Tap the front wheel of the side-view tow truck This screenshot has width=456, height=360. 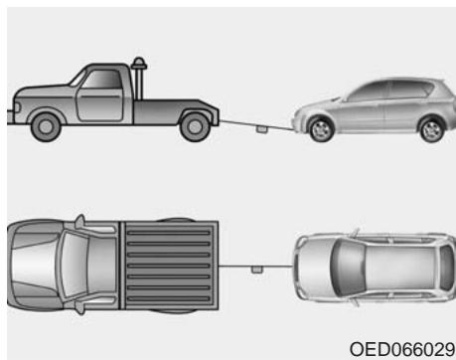[x=44, y=126]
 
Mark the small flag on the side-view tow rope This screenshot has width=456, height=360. [x=259, y=128]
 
